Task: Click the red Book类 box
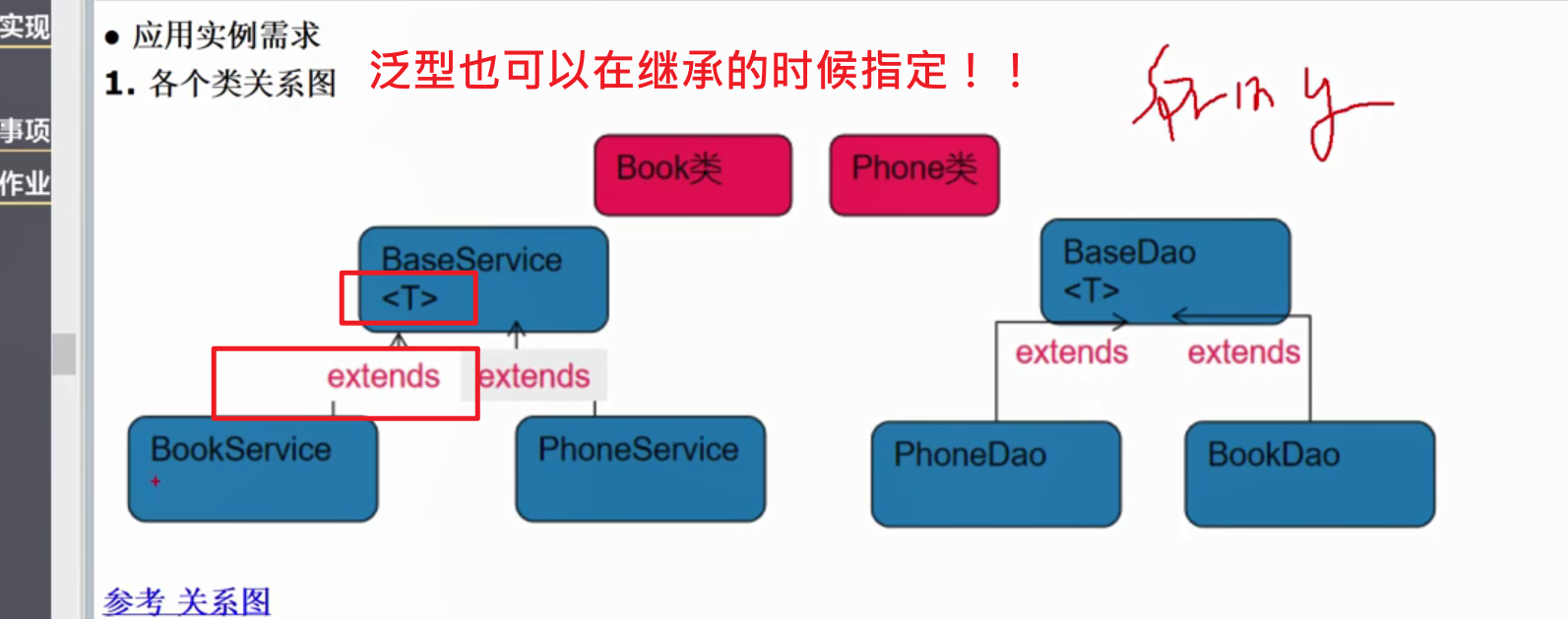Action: pyautogui.click(x=692, y=174)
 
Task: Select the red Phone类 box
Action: pyautogui.click(x=913, y=174)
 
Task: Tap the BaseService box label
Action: pyautogui.click(x=471, y=260)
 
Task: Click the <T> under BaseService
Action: pyautogui.click(x=408, y=297)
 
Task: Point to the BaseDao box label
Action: pyautogui.click(x=1129, y=253)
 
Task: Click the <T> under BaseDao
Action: pyautogui.click(x=1091, y=290)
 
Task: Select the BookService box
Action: pyautogui.click(x=252, y=468)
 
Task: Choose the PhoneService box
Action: pyautogui.click(x=640, y=468)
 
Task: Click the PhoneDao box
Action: pyautogui.click(x=995, y=473)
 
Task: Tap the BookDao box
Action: pyautogui.click(x=1309, y=473)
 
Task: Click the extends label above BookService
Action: pyautogui.click(x=383, y=376)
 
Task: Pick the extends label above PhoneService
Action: pyautogui.click(x=534, y=376)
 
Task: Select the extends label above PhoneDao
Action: pyautogui.click(x=1071, y=352)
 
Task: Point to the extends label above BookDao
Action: pyautogui.click(x=1243, y=352)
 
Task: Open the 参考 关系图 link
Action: pyautogui.click(x=187, y=600)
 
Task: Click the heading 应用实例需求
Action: pyautogui.click(x=226, y=35)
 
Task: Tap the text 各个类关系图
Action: pyautogui.click(x=242, y=84)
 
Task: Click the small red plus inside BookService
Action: pyautogui.click(x=156, y=481)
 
